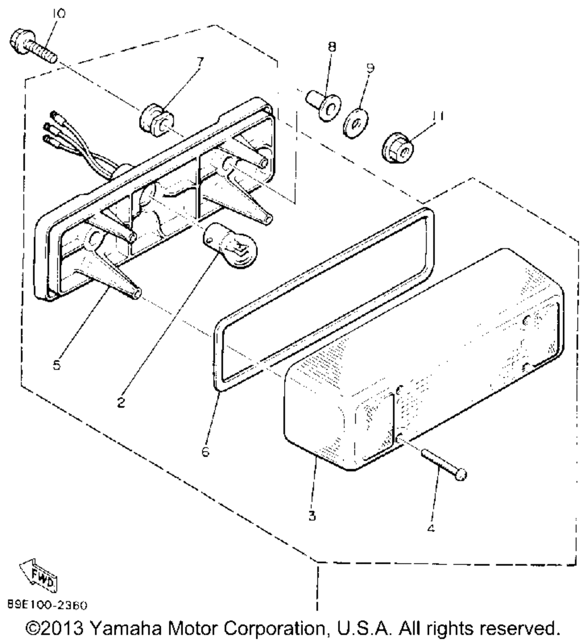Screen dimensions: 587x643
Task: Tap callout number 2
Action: (120, 405)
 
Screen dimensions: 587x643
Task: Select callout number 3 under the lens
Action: (312, 517)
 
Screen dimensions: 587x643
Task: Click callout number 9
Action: (369, 68)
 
